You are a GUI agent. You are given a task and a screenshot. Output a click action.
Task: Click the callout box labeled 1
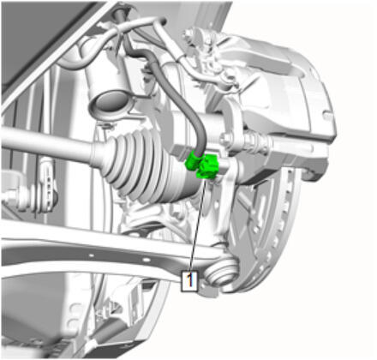coord(189,281)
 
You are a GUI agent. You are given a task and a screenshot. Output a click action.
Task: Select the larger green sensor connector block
coord(209,166)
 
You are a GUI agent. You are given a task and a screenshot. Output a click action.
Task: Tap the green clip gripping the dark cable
coord(192,160)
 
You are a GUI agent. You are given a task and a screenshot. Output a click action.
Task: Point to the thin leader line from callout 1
coord(198,225)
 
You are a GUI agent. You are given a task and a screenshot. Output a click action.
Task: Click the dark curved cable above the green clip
coord(177,94)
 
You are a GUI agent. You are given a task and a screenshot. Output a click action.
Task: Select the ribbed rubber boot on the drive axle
coord(143,169)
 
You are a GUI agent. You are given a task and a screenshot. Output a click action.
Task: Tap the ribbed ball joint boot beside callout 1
coord(221,272)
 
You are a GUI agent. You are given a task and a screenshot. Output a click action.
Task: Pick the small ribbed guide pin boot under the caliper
coord(256,141)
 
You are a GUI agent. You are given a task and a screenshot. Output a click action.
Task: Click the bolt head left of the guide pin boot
coord(225,139)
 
